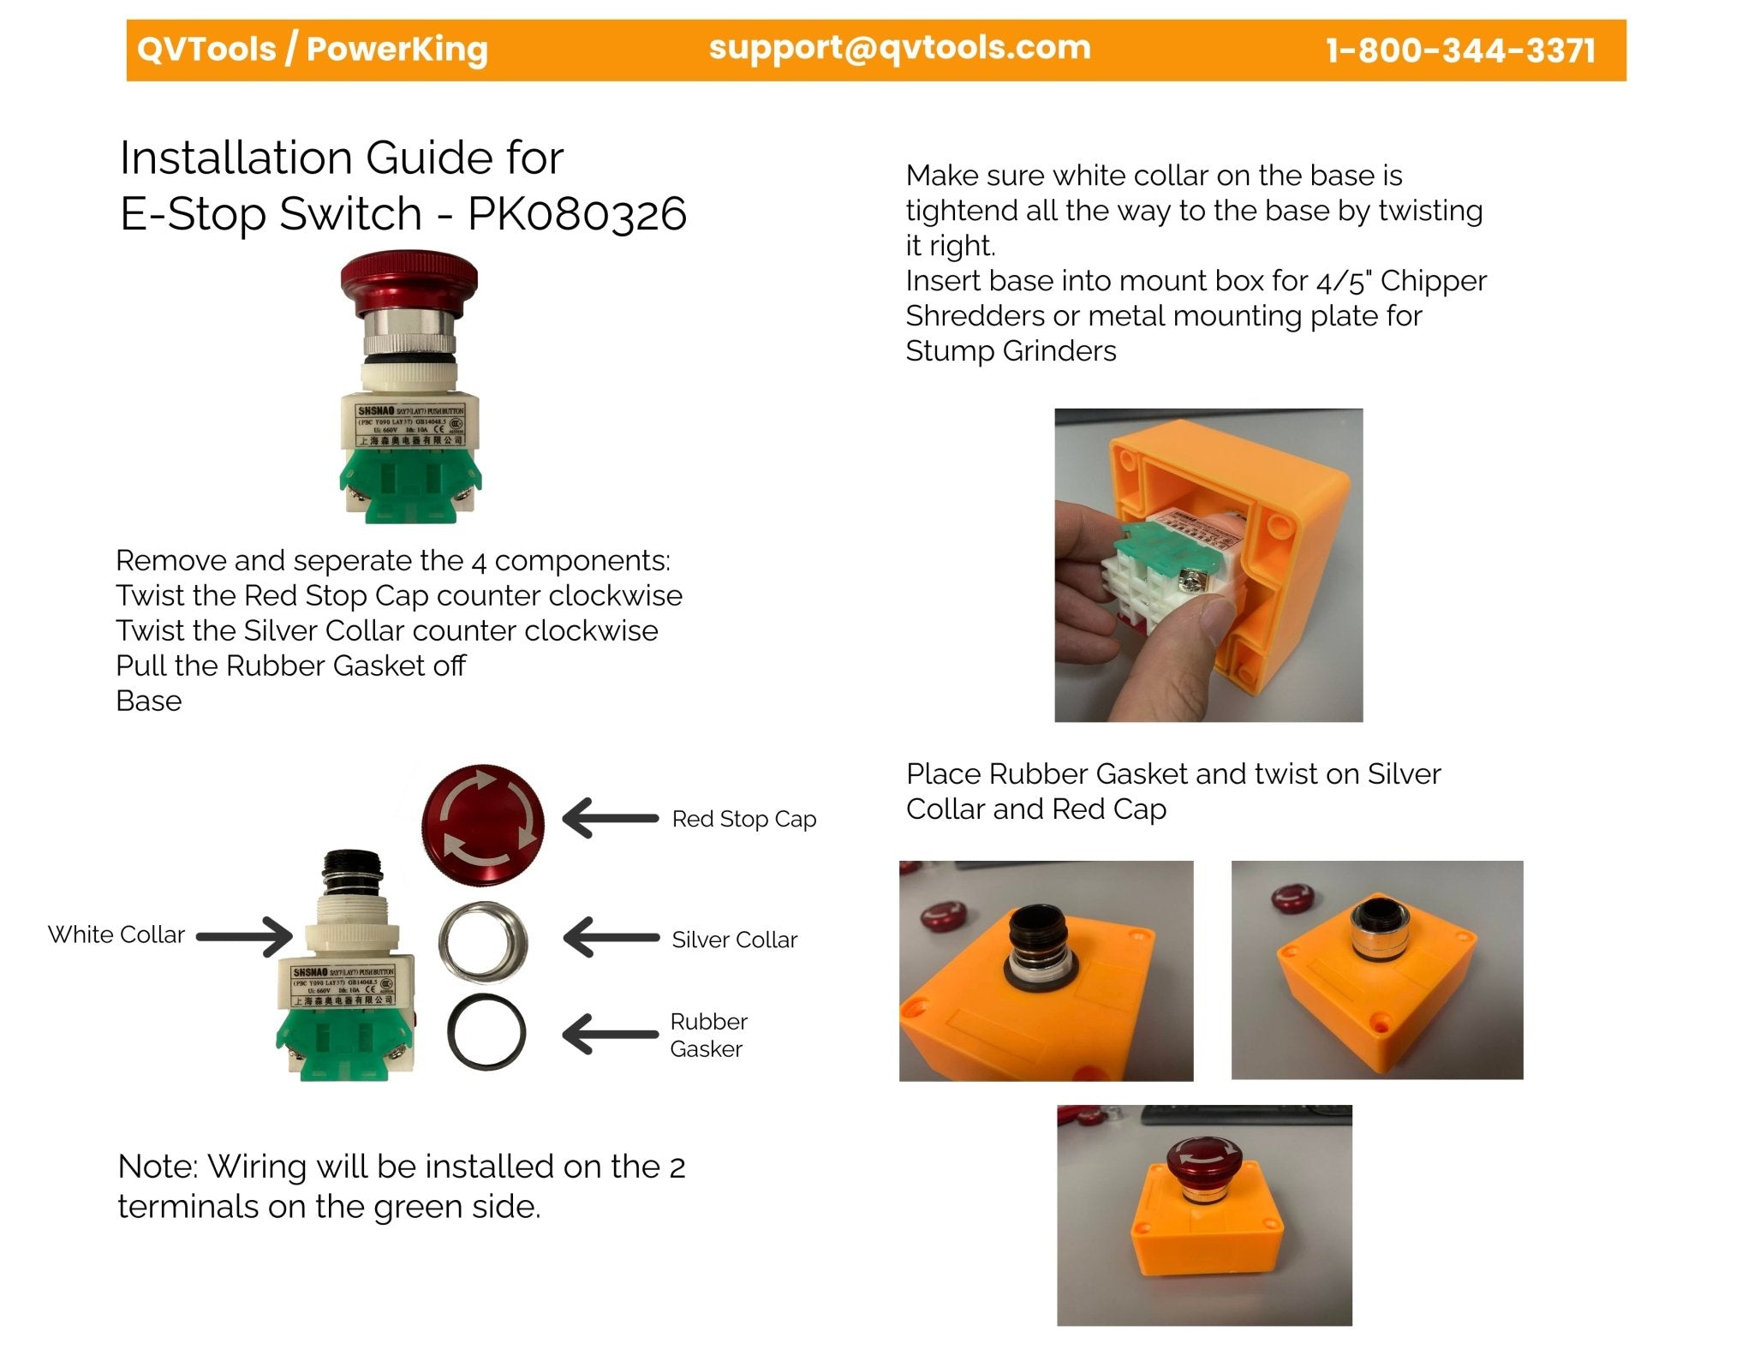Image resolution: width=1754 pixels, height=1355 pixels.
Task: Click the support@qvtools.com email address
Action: tap(899, 48)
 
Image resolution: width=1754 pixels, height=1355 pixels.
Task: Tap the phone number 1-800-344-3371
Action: tap(1459, 51)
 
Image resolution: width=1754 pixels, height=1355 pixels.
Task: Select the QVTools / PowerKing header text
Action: tap(313, 49)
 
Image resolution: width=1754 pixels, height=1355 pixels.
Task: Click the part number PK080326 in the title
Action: tap(576, 213)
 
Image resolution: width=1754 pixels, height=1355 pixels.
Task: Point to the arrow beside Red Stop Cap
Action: tap(610, 818)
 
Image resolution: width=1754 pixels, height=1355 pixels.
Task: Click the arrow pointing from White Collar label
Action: tap(245, 935)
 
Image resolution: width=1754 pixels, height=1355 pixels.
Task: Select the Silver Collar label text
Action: tap(734, 940)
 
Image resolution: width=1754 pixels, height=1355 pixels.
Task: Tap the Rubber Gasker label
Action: tap(708, 1035)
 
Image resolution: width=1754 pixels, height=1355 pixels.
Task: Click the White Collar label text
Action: tap(116, 934)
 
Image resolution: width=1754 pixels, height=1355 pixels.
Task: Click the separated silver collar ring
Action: tap(483, 942)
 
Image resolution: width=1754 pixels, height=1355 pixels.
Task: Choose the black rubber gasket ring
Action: tap(486, 1032)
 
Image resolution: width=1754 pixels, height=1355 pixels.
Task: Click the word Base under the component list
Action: tap(149, 701)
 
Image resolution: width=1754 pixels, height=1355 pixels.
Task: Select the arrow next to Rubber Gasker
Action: tap(610, 1034)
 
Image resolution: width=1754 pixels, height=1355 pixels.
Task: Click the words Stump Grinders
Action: tap(1011, 351)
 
